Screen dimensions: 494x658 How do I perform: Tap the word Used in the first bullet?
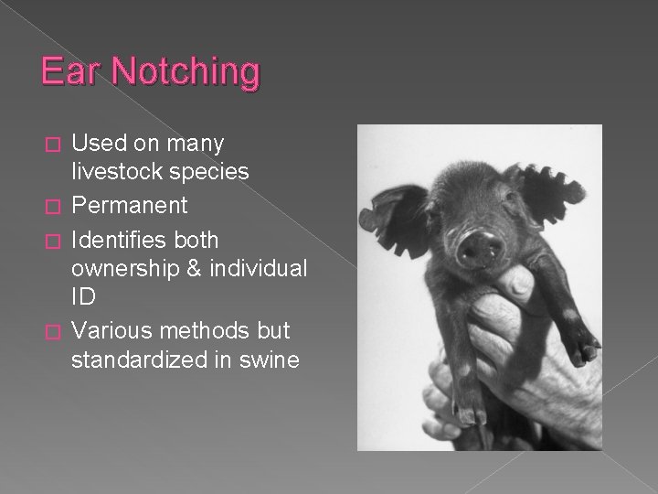click(x=100, y=144)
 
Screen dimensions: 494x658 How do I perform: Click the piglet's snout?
click(x=480, y=244)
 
